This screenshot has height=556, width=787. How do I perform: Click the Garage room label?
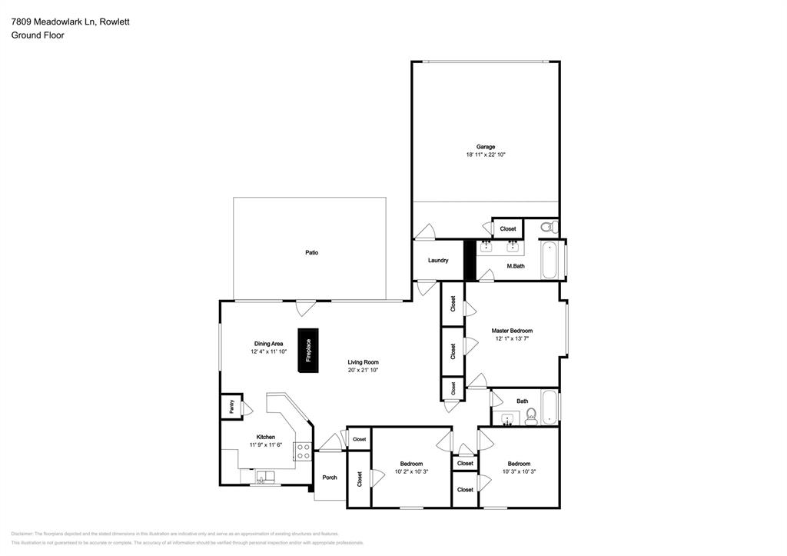click(x=485, y=146)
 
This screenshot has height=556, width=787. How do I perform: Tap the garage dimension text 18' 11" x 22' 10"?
click(x=485, y=155)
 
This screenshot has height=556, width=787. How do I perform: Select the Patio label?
click(x=311, y=252)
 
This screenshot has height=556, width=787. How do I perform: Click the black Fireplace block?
click(x=308, y=351)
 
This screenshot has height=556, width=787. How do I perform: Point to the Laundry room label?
click(x=438, y=261)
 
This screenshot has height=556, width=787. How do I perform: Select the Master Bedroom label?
click(x=512, y=331)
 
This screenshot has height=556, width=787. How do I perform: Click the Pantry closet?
click(x=230, y=407)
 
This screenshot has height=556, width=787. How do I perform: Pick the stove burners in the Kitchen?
click(x=304, y=452)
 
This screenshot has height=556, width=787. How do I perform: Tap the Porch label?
click(x=330, y=478)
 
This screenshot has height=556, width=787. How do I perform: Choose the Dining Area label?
click(x=268, y=344)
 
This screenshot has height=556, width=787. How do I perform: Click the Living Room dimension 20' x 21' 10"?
click(x=363, y=371)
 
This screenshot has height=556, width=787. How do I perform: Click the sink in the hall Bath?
click(x=508, y=420)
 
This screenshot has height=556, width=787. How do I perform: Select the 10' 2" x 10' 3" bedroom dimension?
click(x=411, y=471)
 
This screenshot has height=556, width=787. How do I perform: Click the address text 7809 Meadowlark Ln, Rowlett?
click(x=70, y=22)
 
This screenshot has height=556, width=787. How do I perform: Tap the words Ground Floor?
click(x=38, y=35)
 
